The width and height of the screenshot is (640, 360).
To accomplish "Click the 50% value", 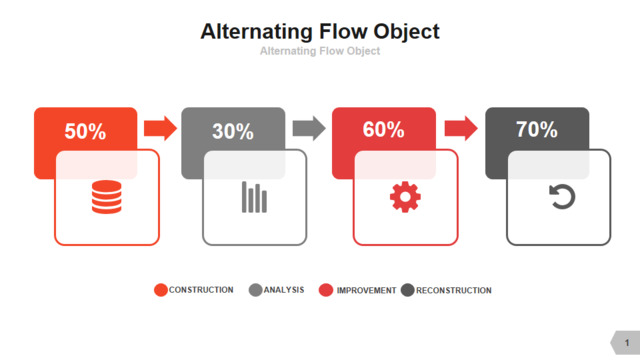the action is click(85, 131).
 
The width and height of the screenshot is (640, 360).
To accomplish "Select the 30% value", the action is click(233, 131).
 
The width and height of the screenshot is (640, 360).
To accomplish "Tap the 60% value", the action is click(383, 129).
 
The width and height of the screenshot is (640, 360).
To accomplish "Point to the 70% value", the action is click(536, 129).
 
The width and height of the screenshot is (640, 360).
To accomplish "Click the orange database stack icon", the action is click(107, 197).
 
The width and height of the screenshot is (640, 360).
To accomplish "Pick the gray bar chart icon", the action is click(254, 197).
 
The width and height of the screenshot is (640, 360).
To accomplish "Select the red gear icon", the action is click(405, 197).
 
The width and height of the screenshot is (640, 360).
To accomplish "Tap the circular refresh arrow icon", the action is click(562, 197).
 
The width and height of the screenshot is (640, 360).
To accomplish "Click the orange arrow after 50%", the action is click(160, 128).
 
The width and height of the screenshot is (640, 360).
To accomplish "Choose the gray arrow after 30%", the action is click(309, 128).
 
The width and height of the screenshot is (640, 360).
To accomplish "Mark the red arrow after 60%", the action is click(461, 128).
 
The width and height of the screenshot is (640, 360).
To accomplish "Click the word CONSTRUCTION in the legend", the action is click(201, 290).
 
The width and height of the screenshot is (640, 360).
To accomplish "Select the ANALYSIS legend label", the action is click(284, 290).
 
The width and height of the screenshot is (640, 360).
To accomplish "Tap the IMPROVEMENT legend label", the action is click(366, 290).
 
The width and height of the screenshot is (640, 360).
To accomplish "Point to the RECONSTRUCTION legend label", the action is click(454, 290).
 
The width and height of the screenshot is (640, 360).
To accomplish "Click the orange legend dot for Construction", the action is click(161, 290).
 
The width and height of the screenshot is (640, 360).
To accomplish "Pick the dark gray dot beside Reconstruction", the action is click(407, 290).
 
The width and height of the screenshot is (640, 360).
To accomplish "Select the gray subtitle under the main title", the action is click(320, 51).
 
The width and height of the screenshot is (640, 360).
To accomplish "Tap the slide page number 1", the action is click(627, 343).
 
